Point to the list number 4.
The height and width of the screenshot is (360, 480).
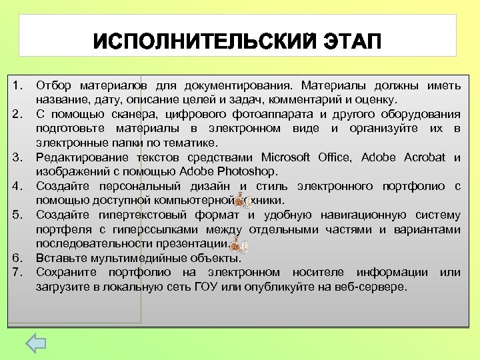[17, 187]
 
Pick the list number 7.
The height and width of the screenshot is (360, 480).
[17, 272]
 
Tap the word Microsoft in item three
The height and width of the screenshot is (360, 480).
[285, 157]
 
